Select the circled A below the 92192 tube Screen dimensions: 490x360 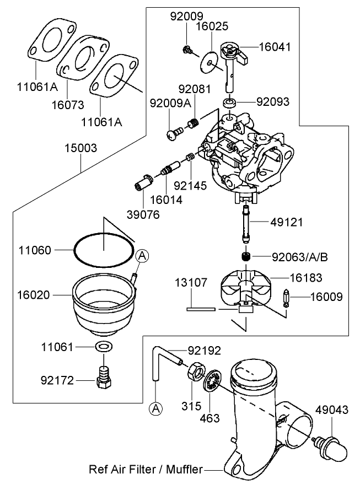click(156, 408)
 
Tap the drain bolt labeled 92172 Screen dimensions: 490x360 click(102, 378)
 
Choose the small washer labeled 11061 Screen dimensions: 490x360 click(102, 347)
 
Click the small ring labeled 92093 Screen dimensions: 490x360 click(230, 103)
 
